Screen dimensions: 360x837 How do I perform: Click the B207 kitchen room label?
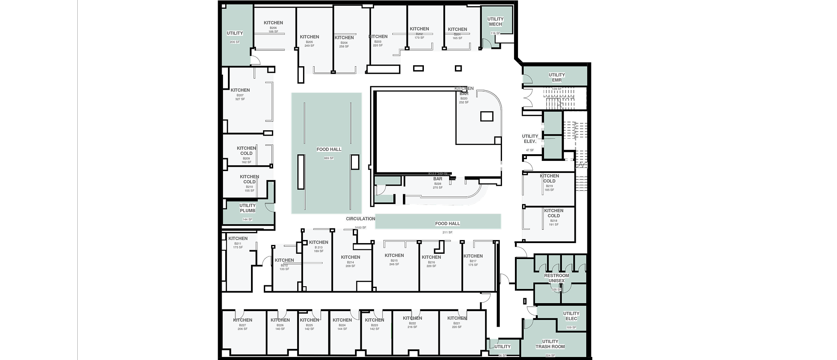point(240,90)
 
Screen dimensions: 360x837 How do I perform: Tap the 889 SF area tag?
point(329,158)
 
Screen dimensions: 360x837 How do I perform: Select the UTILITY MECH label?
point(495,21)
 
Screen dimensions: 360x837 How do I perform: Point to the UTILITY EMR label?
point(557,77)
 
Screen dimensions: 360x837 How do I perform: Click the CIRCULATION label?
point(360,219)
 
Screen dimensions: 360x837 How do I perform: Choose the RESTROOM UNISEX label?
point(557,278)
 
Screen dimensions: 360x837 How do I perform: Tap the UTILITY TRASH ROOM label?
point(550,344)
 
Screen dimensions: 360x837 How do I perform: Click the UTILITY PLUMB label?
point(247,208)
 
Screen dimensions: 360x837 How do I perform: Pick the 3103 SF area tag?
point(361,228)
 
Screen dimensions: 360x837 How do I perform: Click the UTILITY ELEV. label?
point(530,139)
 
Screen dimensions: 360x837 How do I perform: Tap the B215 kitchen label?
point(394,256)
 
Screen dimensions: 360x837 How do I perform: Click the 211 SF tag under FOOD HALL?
point(447,232)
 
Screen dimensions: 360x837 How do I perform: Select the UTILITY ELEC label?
point(571,316)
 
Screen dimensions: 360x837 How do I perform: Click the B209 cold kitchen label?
point(246,151)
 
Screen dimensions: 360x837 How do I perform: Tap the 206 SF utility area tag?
point(235,42)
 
